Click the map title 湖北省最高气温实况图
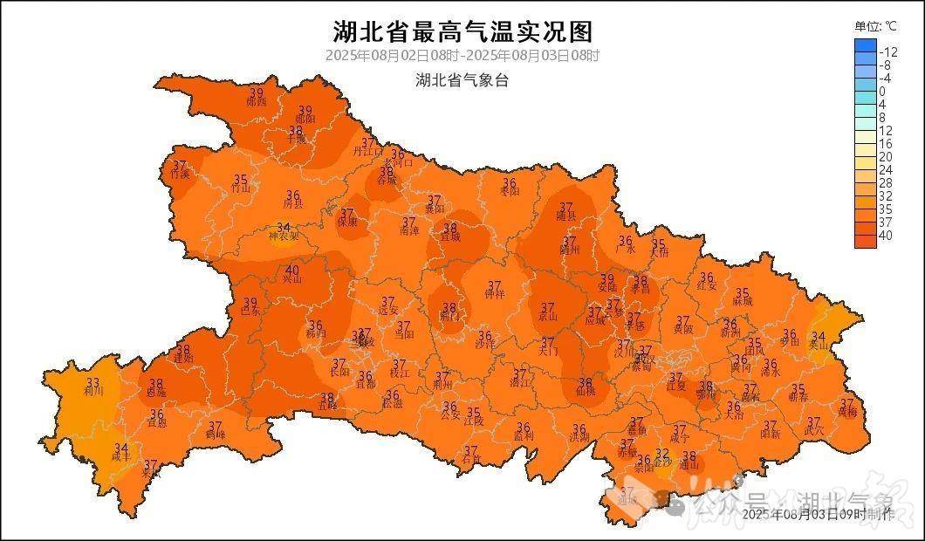[x=462, y=32]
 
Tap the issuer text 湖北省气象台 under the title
[x=462, y=80]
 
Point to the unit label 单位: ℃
[x=875, y=26]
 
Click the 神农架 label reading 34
[x=284, y=231]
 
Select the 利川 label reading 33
[x=93, y=387]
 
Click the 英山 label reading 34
[x=818, y=340]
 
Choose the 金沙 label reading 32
[x=663, y=457]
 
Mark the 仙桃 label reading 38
[x=586, y=387]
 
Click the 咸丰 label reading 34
[x=121, y=452]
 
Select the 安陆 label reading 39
[x=607, y=283]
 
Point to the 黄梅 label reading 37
[x=846, y=407]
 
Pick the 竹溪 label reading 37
[x=180, y=169]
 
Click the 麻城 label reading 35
[x=743, y=297]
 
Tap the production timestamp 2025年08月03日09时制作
[x=818, y=515]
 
